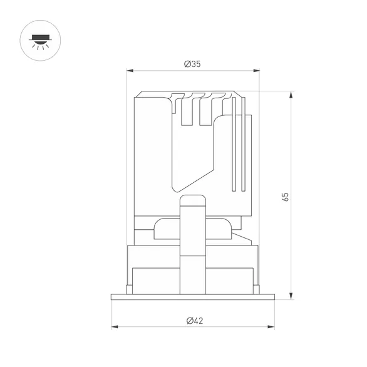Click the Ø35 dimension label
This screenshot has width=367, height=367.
[192, 64]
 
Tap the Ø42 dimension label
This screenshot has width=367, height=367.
[195, 321]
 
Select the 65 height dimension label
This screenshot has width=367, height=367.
[286, 197]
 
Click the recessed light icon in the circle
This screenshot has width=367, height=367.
[40, 42]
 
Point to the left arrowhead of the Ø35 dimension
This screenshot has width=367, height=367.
[130, 70]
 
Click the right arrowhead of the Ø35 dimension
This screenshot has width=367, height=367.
[256, 70]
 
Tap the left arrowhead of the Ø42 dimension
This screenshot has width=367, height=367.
[115, 327]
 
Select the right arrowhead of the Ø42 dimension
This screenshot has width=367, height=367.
[271, 327]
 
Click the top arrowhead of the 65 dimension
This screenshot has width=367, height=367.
[291, 95]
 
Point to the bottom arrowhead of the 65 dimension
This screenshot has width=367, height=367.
[291, 296]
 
